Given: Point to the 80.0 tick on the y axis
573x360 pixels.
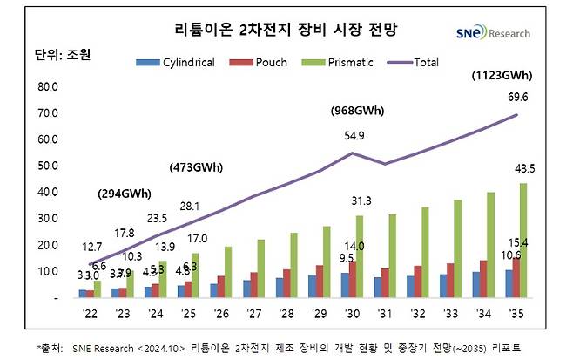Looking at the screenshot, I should coord(46,87).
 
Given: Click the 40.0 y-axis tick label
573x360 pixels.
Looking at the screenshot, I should coord(46,193).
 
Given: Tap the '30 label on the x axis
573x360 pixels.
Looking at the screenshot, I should coord(350,311).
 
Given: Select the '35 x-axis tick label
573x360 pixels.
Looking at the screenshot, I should coord(517,311).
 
